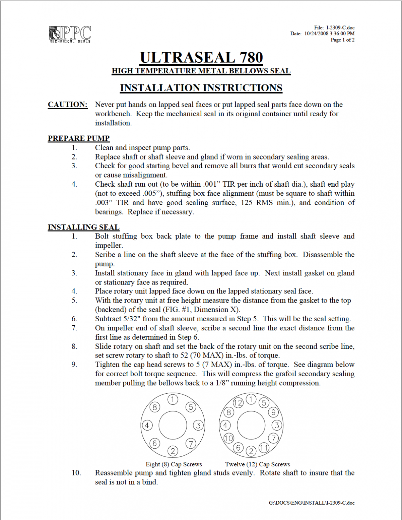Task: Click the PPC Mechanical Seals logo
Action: pyautogui.click(x=70, y=34)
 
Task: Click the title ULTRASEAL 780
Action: pyautogui.click(x=201, y=58)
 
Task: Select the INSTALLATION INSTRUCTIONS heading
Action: pyautogui.click(x=201, y=88)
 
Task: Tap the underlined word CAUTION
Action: pyautogui.click(x=68, y=105)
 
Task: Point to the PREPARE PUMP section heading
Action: pyautogui.click(x=79, y=138)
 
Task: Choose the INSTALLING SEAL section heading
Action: pyautogui.click(x=83, y=227)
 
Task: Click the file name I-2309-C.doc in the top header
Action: pyautogui.click(x=340, y=27)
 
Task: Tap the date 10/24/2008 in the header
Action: pyautogui.click(x=316, y=34)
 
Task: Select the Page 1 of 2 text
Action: pyautogui.click(x=342, y=40)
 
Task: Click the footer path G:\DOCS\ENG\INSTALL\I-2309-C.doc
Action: pyautogui.click(x=312, y=503)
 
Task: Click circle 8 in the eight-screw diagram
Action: pyautogui.click(x=155, y=407)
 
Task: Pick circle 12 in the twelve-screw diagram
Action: pyautogui.click(x=238, y=403)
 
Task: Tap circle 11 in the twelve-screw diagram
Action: pyautogui.click(x=264, y=448)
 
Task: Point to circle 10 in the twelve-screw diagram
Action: pyautogui.click(x=229, y=438)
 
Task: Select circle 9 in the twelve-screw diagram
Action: pyautogui.click(x=273, y=412)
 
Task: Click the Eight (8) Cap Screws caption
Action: pyautogui.click(x=174, y=464)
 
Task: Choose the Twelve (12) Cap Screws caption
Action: pyautogui.click(x=258, y=464)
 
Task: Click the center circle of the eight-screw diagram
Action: pyautogui.click(x=173, y=425)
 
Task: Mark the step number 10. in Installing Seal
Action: pyautogui.click(x=76, y=473)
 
